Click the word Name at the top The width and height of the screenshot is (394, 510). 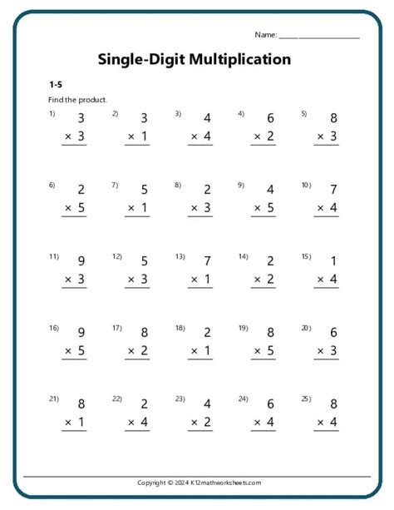pos(265,35)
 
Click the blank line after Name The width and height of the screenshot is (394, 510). pos(319,37)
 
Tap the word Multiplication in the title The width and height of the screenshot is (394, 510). pos(240,59)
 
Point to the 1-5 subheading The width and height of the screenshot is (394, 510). pos(55,85)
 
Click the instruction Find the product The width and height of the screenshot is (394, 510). pos(77,100)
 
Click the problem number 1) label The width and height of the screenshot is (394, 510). pos(52,113)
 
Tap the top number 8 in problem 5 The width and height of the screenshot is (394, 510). pos(333,118)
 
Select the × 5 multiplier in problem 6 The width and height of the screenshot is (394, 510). pos(75,208)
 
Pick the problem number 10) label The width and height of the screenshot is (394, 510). pos(306,185)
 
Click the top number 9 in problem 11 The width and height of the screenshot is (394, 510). pos(81,261)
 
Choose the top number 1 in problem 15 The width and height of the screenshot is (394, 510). pos(333,261)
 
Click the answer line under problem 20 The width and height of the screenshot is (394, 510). pos(327,360)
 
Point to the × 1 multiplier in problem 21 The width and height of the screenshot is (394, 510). pos(75,423)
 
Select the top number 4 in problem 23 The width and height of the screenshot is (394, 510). pos(207,404)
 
